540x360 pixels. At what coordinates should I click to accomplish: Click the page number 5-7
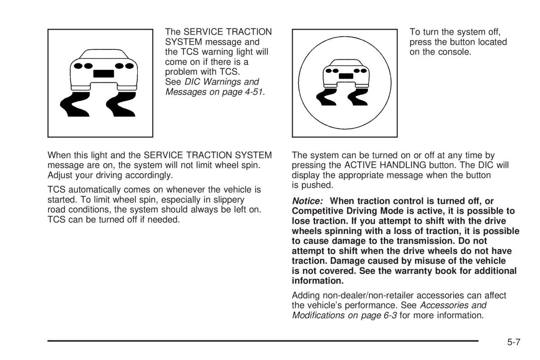[x=514, y=342]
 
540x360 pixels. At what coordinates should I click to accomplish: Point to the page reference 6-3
[x=388, y=315]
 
